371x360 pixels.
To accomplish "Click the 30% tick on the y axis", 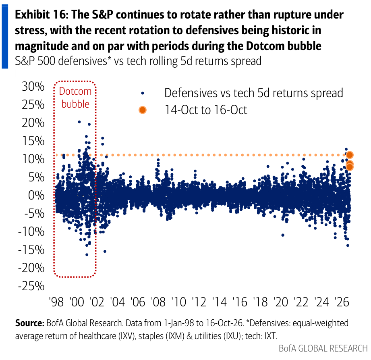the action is tap(33, 86).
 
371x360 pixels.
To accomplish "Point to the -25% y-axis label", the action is tap(31, 286).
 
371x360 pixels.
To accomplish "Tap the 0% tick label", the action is tap(36, 196).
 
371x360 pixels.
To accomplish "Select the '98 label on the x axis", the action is tap(56, 302).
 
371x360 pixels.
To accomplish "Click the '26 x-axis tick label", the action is tap(342, 302).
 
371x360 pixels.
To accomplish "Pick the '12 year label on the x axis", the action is tap(199, 302).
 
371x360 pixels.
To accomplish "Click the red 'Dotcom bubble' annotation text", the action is tap(75, 98).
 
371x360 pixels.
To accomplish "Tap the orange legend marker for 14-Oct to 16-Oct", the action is tap(143, 110).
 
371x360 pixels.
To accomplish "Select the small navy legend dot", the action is tap(143, 93).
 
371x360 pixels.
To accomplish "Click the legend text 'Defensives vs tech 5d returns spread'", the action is tap(254, 93).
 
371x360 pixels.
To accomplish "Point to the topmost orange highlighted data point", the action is tap(350, 155).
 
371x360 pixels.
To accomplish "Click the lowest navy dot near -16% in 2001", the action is tap(87, 255).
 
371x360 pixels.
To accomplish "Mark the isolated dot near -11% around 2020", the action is tap(283, 235).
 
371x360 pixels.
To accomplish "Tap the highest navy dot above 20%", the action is tap(79, 122).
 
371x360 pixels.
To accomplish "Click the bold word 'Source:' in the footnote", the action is tap(30, 323).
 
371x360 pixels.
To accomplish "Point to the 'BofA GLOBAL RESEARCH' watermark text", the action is tap(323, 348).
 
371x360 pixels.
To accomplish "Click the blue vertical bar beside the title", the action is tap(5, 37).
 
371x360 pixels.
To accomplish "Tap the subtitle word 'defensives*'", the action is tap(85, 61).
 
